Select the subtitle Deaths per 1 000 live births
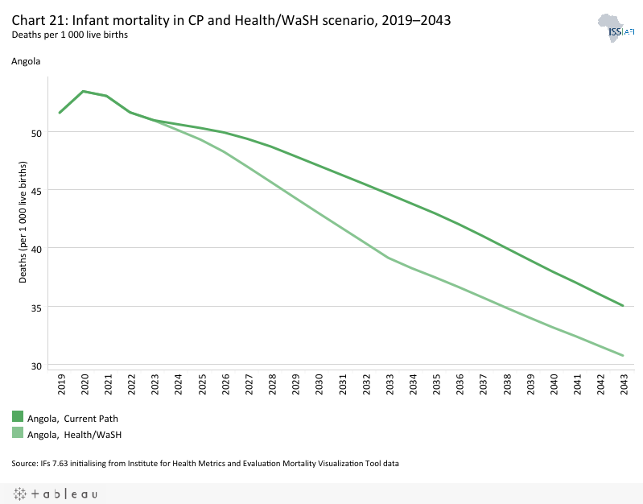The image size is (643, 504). (x=70, y=35)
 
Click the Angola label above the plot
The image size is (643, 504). (x=26, y=60)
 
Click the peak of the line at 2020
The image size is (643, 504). (x=84, y=91)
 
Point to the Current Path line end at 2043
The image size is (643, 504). (x=623, y=306)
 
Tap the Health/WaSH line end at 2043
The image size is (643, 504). (x=623, y=356)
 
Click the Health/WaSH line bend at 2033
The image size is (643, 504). (x=388, y=258)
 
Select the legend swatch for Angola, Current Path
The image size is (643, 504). (x=18, y=416)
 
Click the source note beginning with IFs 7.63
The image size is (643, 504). (x=205, y=463)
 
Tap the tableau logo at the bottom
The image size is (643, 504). (x=56, y=494)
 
